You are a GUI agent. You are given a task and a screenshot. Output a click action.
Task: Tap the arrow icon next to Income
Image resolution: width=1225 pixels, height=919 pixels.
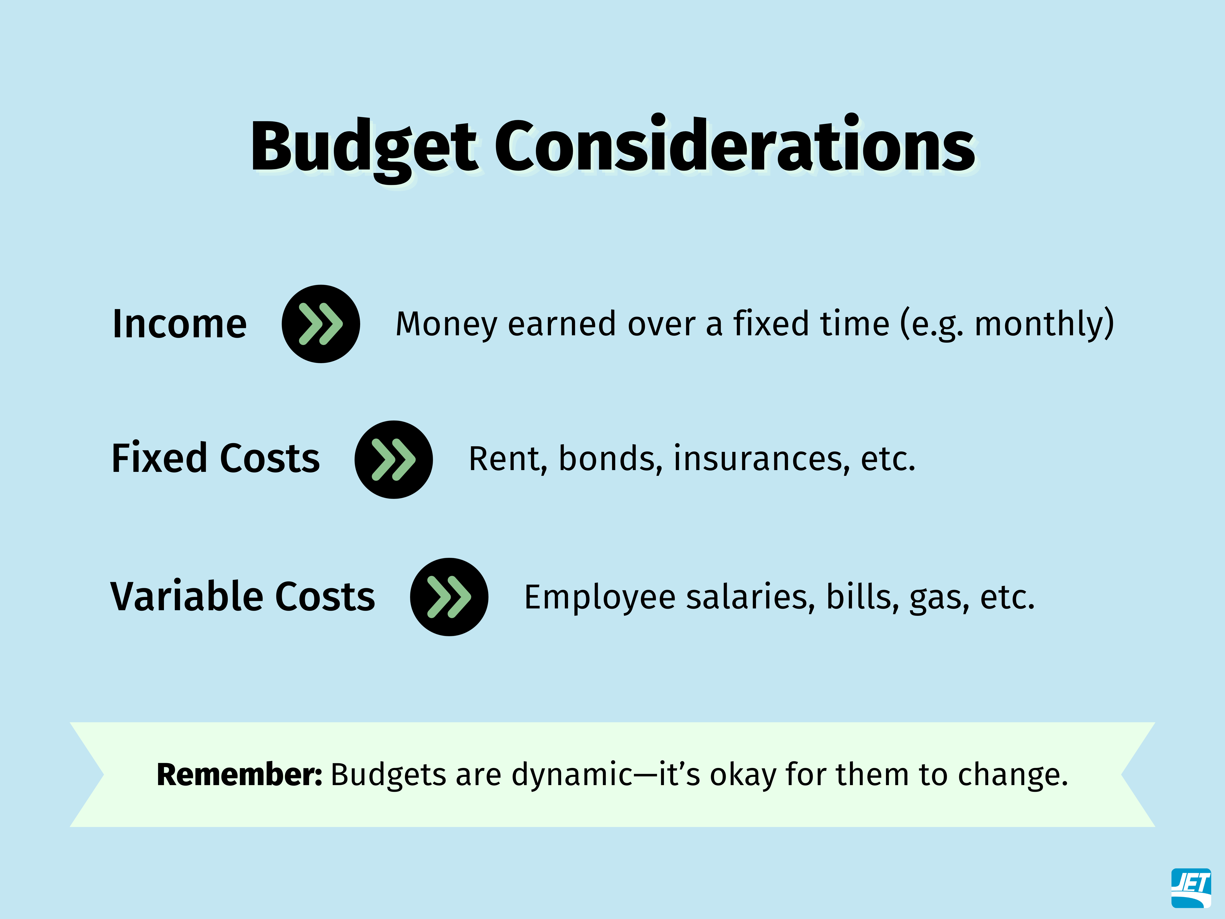[x=321, y=324]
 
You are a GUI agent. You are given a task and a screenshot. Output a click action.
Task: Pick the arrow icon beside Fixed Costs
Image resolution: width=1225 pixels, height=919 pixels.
[x=393, y=459]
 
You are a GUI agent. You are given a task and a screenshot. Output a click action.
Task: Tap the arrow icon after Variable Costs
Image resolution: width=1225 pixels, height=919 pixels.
[x=449, y=597]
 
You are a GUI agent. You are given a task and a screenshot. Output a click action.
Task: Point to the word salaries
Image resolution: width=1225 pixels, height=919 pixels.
[x=751, y=597]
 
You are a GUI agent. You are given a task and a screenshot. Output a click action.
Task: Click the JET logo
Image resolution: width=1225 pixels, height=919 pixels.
[x=1191, y=888]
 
